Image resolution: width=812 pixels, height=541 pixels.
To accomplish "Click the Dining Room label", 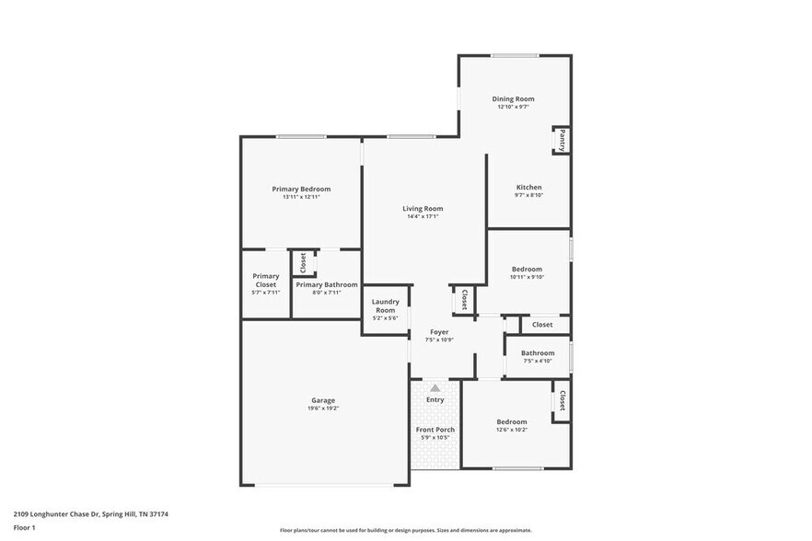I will pyautogui.click(x=513, y=98).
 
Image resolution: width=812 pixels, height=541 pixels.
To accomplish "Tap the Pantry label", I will pyautogui.click(x=562, y=140).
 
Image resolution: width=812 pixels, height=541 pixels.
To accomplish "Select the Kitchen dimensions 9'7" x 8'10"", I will pyautogui.click(x=528, y=195).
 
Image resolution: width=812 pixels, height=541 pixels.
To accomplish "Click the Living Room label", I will pyautogui.click(x=423, y=208).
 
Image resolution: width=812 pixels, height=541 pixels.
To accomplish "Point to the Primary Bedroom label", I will pyautogui.click(x=300, y=189).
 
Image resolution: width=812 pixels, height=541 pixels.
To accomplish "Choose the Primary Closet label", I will pyautogui.click(x=266, y=280).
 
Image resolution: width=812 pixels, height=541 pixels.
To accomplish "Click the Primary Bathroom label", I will pyautogui.click(x=326, y=284).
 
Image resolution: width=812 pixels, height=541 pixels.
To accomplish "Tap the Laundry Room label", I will pyautogui.click(x=385, y=305).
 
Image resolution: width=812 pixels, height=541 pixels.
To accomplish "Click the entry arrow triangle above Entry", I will pyautogui.click(x=435, y=388).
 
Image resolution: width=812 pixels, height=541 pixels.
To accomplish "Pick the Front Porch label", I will pyautogui.click(x=435, y=430).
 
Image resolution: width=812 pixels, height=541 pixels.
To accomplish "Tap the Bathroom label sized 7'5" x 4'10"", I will pyautogui.click(x=538, y=352).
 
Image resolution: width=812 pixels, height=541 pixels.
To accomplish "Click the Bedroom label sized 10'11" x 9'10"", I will pyautogui.click(x=527, y=269).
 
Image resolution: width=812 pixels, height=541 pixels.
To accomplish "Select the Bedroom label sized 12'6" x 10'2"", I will pyautogui.click(x=512, y=421).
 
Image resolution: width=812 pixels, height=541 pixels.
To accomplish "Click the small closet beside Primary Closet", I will pyautogui.click(x=303, y=263).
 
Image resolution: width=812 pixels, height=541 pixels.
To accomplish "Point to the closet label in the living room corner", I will pyautogui.click(x=464, y=299).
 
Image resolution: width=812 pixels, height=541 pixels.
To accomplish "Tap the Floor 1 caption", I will pyautogui.click(x=24, y=527).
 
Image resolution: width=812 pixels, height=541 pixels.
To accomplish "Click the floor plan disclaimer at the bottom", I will pyautogui.click(x=405, y=530).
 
